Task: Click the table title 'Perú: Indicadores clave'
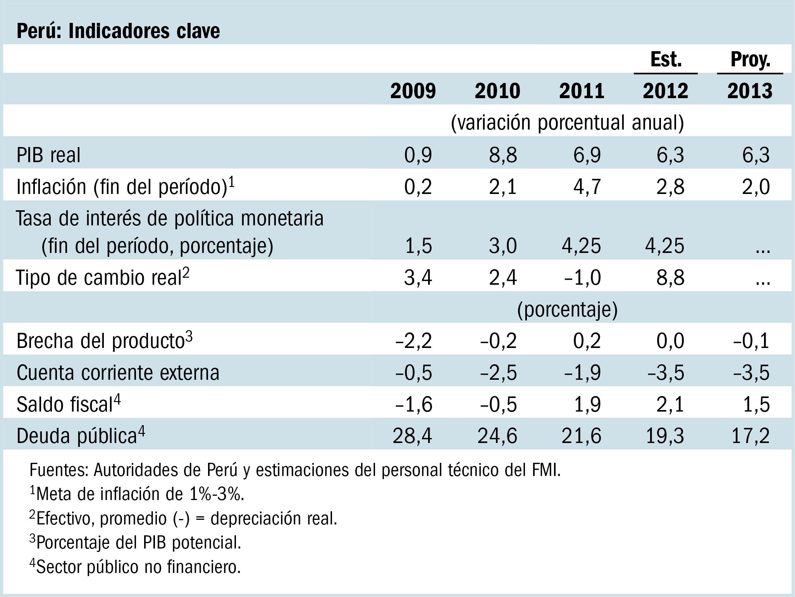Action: (x=118, y=31)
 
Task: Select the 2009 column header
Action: (x=413, y=91)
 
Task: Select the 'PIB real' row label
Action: (x=48, y=155)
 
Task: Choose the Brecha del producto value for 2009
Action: (x=413, y=341)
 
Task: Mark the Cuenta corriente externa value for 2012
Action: (x=666, y=373)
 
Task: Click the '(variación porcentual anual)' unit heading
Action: (x=567, y=123)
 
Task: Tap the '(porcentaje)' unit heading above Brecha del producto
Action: (x=567, y=310)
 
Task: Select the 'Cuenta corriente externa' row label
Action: (x=118, y=373)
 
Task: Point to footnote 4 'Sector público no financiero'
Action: (x=136, y=567)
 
